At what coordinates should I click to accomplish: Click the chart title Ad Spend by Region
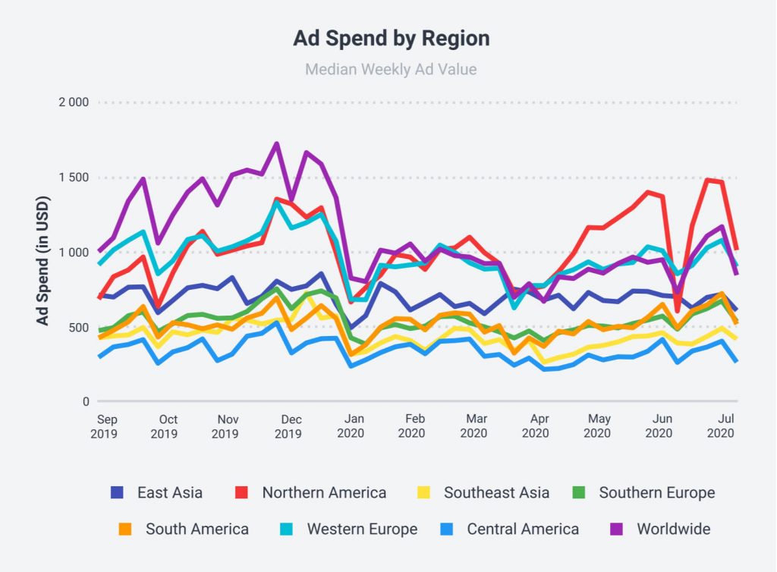pyautogui.click(x=391, y=39)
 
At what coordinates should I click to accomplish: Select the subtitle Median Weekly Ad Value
pyautogui.click(x=391, y=70)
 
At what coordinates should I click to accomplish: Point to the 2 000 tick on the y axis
pyautogui.click(x=74, y=103)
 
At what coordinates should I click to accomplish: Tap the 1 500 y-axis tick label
pyautogui.click(x=74, y=178)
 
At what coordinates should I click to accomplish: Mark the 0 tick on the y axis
pyautogui.click(x=85, y=402)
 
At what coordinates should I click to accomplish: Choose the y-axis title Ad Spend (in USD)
pyautogui.click(x=43, y=253)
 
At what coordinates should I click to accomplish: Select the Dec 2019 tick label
pyautogui.click(x=288, y=426)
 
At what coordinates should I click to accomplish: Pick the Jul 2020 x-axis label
pyautogui.click(x=724, y=426)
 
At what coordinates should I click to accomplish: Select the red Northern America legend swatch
pyautogui.click(x=243, y=492)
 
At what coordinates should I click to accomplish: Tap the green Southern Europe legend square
pyautogui.click(x=580, y=492)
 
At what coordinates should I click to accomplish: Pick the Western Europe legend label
pyautogui.click(x=362, y=529)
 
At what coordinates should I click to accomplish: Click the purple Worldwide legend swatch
pyautogui.click(x=618, y=529)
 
